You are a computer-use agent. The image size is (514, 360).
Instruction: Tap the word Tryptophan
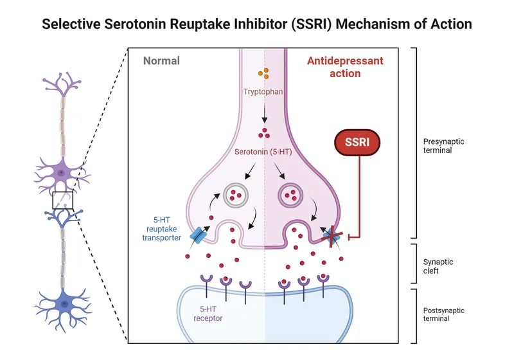coord(264,92)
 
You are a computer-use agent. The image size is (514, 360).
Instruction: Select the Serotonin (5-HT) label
coord(264,152)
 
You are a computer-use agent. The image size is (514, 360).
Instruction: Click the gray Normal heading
coord(161,61)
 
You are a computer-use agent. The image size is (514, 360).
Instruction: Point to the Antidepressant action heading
coord(345,67)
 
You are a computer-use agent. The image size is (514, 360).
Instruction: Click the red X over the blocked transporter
coord(332,237)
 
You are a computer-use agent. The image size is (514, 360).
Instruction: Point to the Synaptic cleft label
coord(438,266)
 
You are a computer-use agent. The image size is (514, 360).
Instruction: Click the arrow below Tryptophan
coord(264,113)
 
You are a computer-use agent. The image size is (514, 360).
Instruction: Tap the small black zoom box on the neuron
coord(62,201)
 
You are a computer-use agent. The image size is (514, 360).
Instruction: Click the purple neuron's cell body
coord(61,173)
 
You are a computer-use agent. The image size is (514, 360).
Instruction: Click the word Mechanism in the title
coord(327,24)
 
